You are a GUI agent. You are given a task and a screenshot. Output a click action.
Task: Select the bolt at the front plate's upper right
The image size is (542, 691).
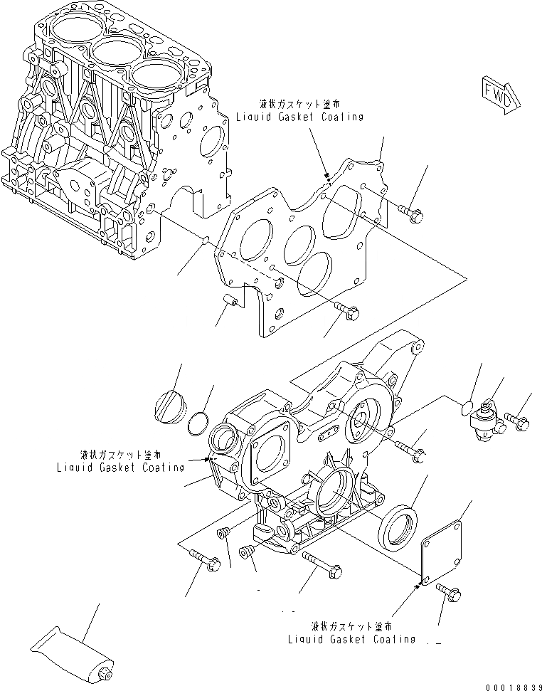[410, 211]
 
